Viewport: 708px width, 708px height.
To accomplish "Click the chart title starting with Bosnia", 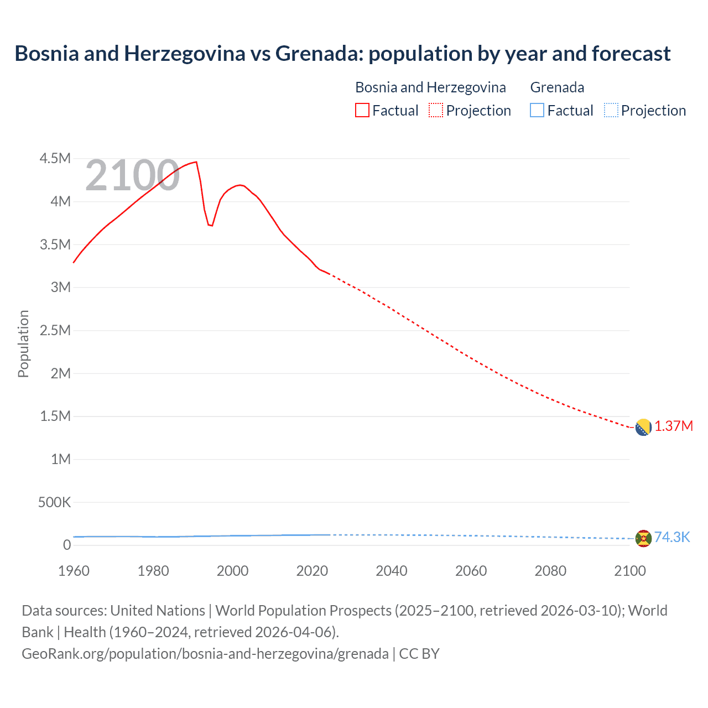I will coord(342,54).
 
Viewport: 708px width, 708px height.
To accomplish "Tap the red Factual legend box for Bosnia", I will coord(362,110).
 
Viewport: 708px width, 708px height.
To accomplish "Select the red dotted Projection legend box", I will coord(436,110).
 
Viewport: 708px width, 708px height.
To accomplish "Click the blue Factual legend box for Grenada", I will coord(537,110).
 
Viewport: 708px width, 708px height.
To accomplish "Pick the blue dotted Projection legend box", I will coord(611,110).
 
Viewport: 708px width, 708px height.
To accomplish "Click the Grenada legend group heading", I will coord(557,87).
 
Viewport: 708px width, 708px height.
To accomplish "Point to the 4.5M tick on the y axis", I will coord(55,159).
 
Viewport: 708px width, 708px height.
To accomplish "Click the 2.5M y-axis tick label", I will coord(55,330).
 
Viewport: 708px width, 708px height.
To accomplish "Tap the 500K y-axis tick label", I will coord(54,502).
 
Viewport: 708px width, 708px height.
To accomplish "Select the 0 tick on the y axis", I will coord(67,545).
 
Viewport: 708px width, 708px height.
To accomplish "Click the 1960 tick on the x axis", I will coord(74,571).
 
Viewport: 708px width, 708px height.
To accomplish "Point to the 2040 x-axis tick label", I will coord(392,571).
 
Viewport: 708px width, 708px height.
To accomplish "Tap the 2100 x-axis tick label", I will coord(630,571).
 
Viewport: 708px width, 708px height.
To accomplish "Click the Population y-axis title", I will coord(23,343).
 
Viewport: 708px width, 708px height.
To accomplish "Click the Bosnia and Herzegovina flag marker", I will coord(643,427).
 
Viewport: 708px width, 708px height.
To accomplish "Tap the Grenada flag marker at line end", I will coord(643,538).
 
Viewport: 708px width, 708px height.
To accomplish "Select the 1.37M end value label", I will coord(674,426).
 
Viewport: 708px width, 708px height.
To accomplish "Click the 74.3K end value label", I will coord(672,538).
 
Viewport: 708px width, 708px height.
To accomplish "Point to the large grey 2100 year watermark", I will coord(132,176).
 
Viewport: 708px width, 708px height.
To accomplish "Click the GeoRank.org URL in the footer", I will coord(205,654).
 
